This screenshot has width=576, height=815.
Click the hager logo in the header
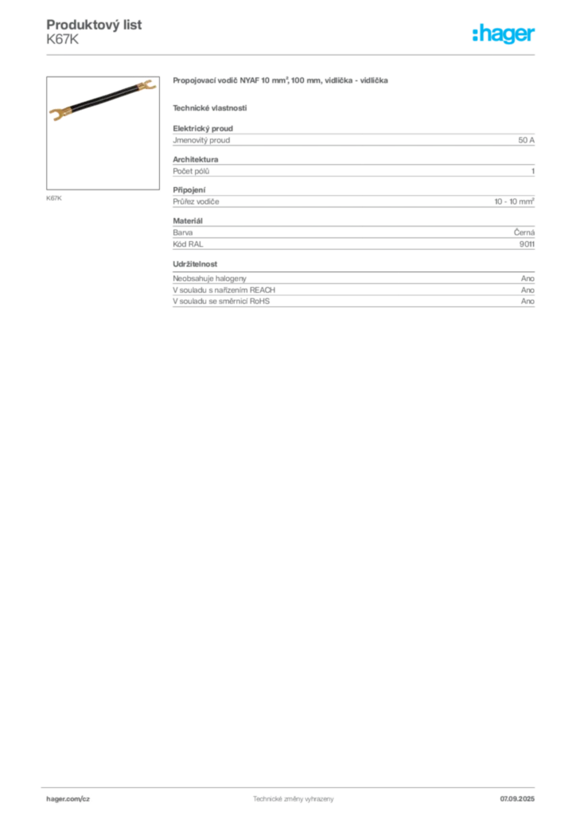click(504, 33)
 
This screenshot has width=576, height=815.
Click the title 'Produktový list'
click(94, 25)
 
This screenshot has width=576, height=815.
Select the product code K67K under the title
click(62, 40)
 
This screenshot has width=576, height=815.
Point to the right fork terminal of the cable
click(146, 84)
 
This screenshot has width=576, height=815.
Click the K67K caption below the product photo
click(54, 198)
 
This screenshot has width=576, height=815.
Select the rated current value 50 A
click(526, 140)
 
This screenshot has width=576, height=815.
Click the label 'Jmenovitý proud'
click(201, 140)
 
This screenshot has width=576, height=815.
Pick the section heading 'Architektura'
click(195, 159)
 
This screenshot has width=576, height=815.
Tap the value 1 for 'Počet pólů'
click(533, 171)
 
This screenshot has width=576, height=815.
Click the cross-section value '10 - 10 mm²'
click(514, 201)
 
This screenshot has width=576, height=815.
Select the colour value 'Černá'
click(524, 232)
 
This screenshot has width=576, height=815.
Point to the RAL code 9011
click(527, 244)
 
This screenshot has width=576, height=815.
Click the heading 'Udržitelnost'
click(195, 264)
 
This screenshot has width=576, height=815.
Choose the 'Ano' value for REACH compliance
click(527, 290)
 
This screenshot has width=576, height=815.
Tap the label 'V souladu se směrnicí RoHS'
click(221, 301)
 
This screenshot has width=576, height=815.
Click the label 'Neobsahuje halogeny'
click(210, 279)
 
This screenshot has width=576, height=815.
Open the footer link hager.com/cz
click(68, 799)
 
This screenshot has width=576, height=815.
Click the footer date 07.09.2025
click(517, 799)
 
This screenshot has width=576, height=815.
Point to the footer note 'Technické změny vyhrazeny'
click(294, 799)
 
